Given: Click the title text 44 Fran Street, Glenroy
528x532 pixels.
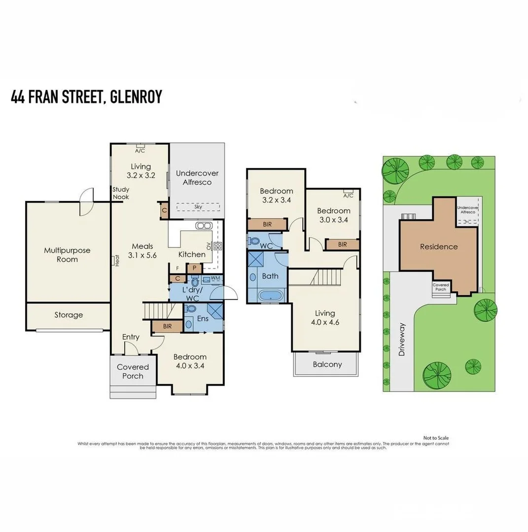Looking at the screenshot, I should (86, 97).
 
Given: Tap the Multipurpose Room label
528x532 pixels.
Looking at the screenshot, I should (67, 255).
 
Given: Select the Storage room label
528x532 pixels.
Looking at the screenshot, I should (69, 315).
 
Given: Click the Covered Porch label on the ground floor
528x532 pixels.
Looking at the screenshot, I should (133, 371).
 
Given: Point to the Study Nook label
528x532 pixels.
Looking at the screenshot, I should (120, 193).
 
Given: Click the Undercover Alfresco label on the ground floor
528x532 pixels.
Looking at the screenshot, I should (197, 178).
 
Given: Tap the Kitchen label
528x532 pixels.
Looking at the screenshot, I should (192, 254).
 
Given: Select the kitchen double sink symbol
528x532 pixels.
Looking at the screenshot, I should (204, 226).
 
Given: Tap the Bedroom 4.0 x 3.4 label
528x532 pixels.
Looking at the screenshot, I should (190, 361).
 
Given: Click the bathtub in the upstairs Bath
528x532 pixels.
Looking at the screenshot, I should (271, 296).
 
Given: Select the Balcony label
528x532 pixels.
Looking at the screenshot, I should (327, 365).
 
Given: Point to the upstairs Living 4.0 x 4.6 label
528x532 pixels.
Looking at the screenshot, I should (325, 318).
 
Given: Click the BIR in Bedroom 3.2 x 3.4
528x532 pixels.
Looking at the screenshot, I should (267, 224).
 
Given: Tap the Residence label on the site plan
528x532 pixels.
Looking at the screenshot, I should (439, 247).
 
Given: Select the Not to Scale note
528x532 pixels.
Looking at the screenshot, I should (436, 438).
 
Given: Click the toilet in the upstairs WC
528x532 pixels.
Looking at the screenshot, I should (254, 241).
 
